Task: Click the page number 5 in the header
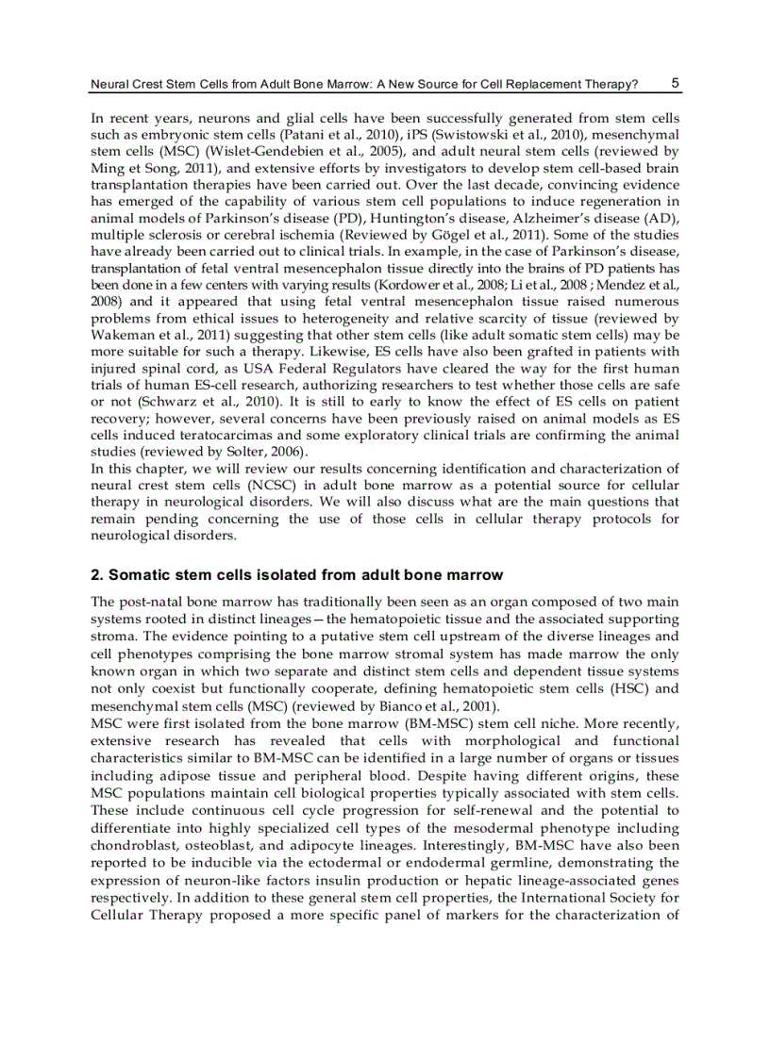(676, 83)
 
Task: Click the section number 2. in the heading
(96, 574)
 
